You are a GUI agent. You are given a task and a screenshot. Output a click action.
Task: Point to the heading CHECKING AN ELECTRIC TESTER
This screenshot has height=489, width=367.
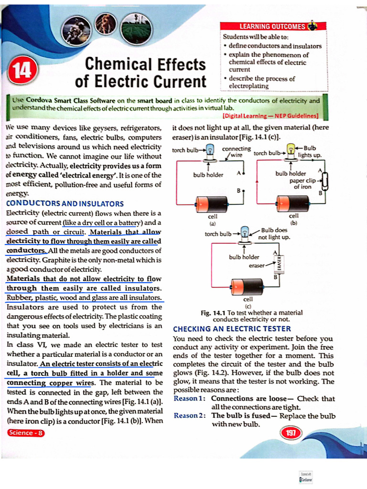click(232, 329)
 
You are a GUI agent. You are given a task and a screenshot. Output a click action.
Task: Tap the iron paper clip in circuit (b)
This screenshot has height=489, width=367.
click(325, 182)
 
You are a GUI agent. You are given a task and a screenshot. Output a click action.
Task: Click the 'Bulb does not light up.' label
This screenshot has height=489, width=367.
click(274, 234)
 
